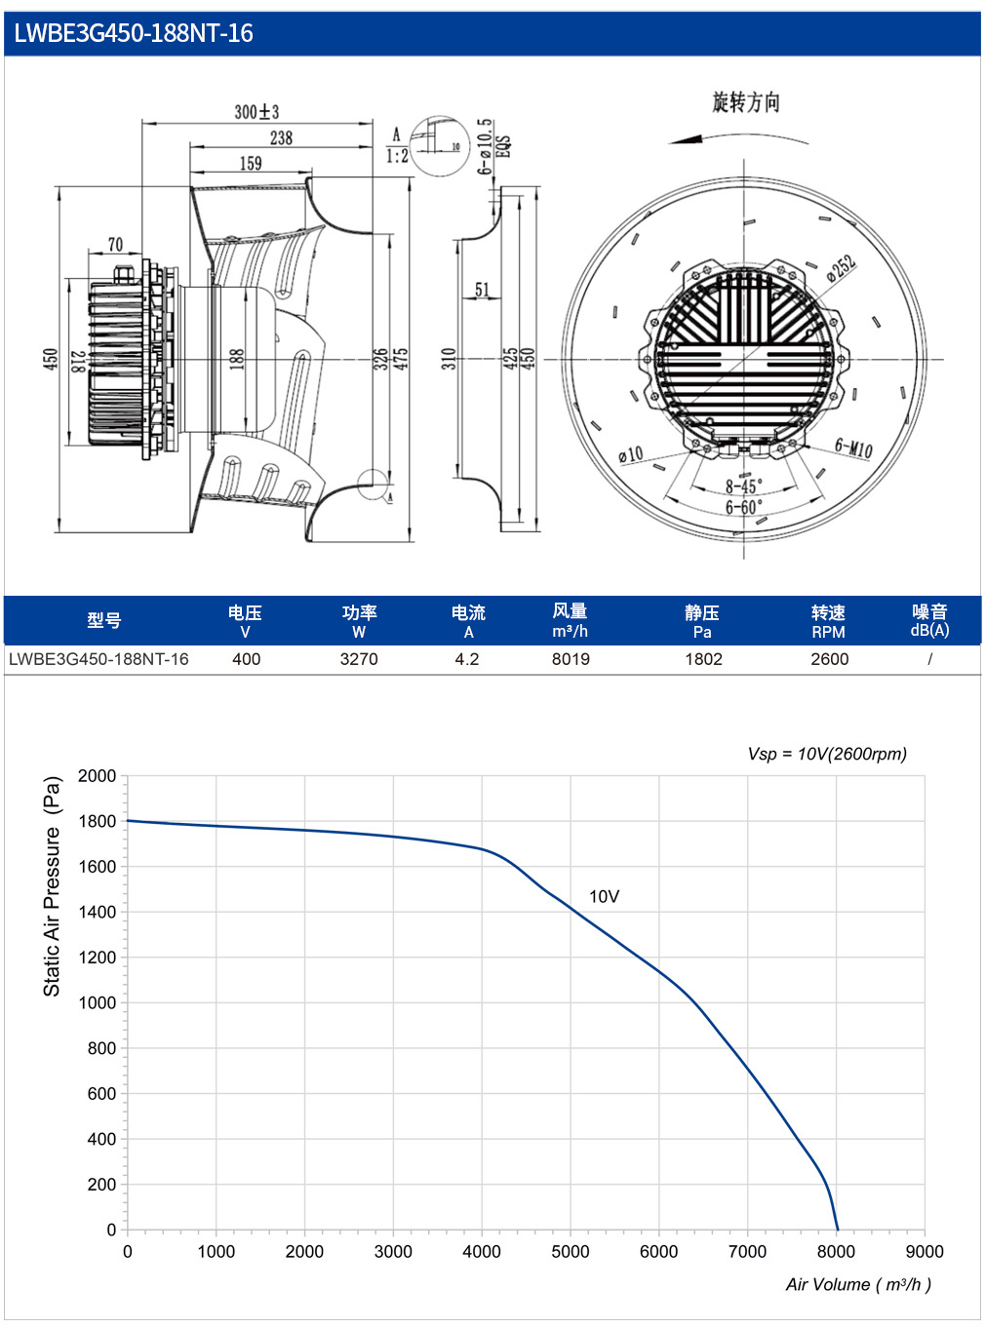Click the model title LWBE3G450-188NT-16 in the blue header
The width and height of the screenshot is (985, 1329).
point(133,33)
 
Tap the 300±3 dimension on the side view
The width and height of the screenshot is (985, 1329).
point(256,112)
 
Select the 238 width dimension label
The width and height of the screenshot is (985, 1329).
point(281,137)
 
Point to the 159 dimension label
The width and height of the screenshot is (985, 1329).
point(251,163)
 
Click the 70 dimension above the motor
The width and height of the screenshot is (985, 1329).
point(115,245)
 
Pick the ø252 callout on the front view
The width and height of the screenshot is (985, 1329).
point(841,268)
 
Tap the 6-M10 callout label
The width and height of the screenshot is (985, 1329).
point(853,448)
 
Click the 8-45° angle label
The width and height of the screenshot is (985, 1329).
point(744,486)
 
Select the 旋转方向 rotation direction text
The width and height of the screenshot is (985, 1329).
point(746,102)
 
